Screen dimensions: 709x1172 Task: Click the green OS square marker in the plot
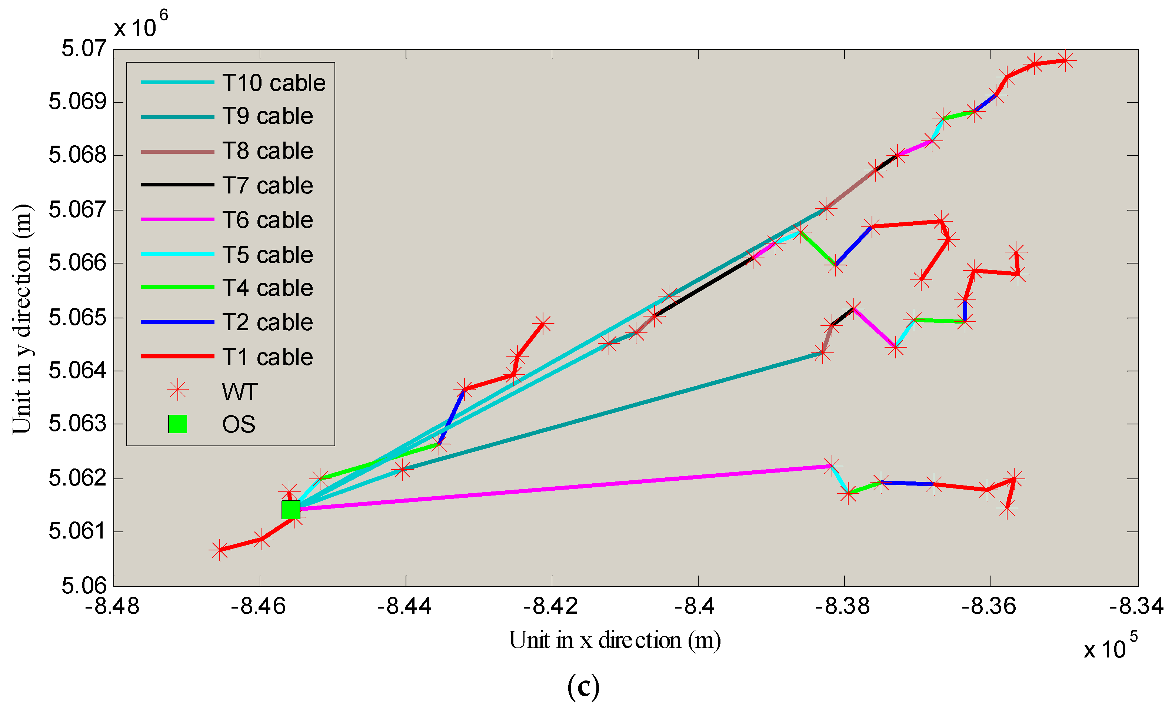(291, 510)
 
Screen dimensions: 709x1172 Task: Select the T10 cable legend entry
(273, 83)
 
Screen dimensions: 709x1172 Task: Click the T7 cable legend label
(267, 186)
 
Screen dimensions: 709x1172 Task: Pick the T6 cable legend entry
(267, 220)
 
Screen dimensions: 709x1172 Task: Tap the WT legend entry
(240, 392)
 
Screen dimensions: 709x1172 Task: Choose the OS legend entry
(238, 424)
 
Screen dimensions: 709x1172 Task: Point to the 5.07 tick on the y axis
(84, 49)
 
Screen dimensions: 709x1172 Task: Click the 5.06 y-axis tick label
(84, 585)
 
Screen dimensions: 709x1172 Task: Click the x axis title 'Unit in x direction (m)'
(615, 640)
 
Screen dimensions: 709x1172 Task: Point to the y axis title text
(22, 319)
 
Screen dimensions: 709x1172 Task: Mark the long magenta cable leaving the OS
(561, 488)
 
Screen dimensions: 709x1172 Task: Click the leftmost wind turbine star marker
(219, 550)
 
